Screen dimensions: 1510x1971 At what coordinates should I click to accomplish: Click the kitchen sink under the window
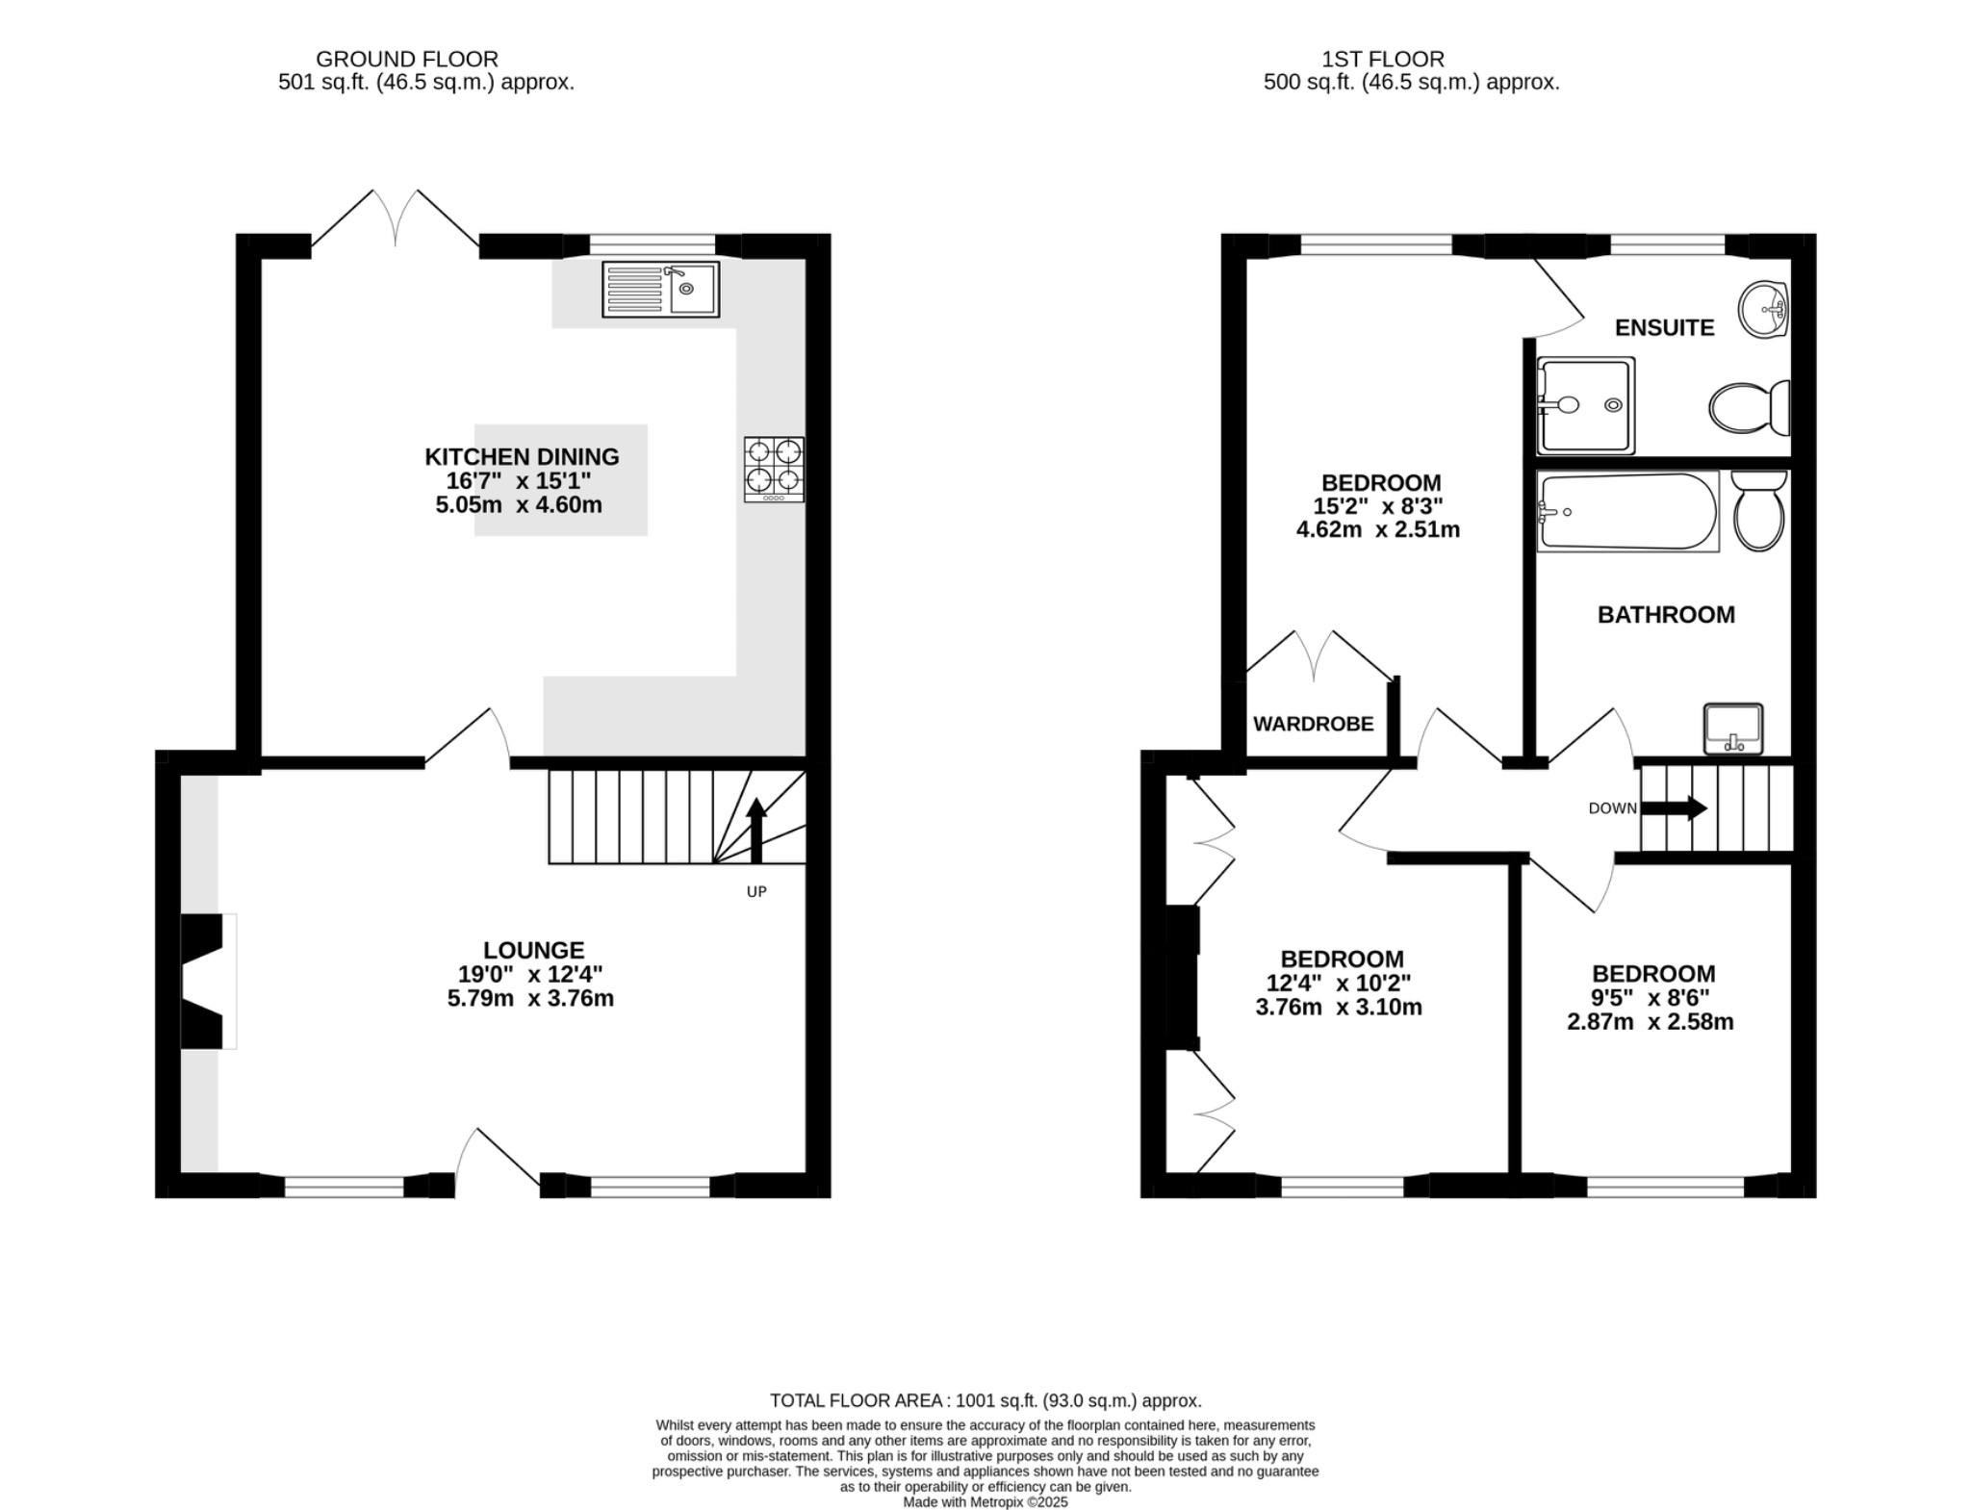click(660, 289)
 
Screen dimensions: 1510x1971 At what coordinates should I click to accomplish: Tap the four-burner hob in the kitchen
click(774, 469)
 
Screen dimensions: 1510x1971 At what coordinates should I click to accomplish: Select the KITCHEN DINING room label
click(522, 456)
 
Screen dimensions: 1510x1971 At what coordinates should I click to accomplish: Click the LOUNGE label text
click(533, 950)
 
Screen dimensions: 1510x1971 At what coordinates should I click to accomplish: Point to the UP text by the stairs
click(756, 891)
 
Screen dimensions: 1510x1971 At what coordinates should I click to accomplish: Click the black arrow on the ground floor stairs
click(756, 830)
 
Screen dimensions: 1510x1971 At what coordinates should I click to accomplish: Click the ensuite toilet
click(1748, 408)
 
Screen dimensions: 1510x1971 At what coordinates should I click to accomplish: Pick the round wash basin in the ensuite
click(1763, 310)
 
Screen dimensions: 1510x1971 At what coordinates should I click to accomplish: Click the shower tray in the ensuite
click(1585, 405)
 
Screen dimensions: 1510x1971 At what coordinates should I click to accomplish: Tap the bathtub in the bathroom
click(1626, 511)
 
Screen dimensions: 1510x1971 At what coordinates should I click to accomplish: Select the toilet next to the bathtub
click(1758, 510)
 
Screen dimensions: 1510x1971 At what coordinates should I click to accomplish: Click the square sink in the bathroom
click(1732, 729)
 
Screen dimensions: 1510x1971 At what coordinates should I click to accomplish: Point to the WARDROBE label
click(1313, 724)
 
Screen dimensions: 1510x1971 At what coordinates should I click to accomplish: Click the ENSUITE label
click(1664, 328)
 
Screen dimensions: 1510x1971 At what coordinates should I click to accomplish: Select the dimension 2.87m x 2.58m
click(1650, 1021)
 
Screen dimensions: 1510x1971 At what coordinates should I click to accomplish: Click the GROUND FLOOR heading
click(407, 59)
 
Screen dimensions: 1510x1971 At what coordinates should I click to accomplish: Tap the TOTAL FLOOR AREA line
click(985, 1400)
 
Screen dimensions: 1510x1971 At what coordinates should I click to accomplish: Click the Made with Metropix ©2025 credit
click(985, 1501)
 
